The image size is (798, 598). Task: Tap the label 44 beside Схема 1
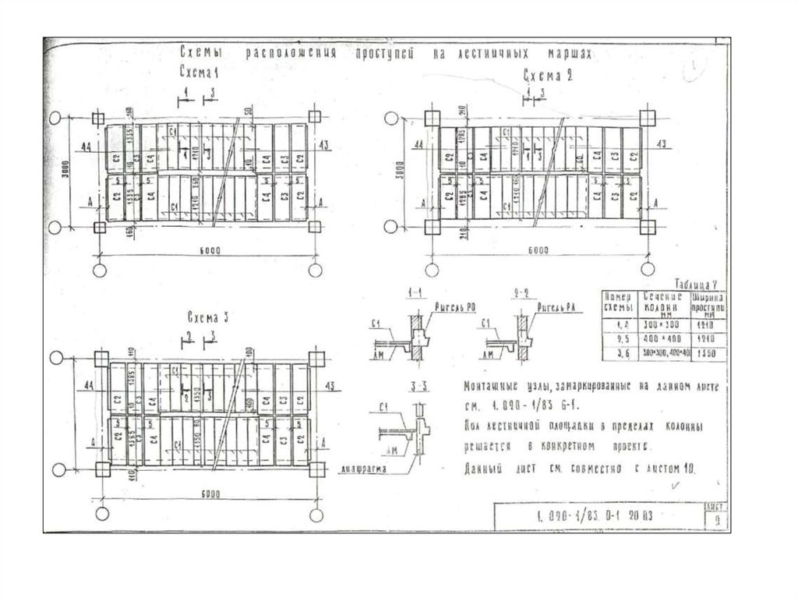[84, 146]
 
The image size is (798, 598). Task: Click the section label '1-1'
[415, 292]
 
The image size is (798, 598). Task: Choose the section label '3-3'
[416, 385]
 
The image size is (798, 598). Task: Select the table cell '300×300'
[663, 322]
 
